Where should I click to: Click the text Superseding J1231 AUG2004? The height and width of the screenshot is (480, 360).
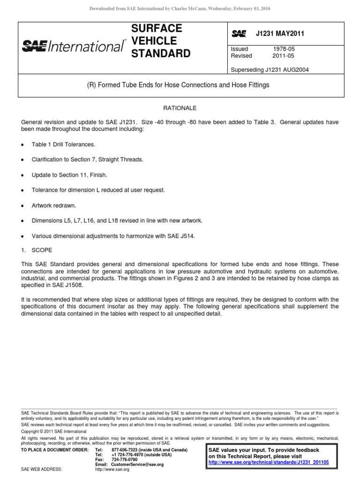point(269,70)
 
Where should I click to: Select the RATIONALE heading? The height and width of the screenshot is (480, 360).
point(180,107)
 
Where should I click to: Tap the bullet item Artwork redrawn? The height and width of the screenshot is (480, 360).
point(55,205)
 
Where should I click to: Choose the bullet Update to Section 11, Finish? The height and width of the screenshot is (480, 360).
point(69,175)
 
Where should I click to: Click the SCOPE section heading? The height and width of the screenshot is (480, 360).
point(42,250)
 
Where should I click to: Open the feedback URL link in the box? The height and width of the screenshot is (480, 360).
point(269,462)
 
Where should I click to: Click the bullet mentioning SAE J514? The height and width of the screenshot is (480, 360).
point(112,236)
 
